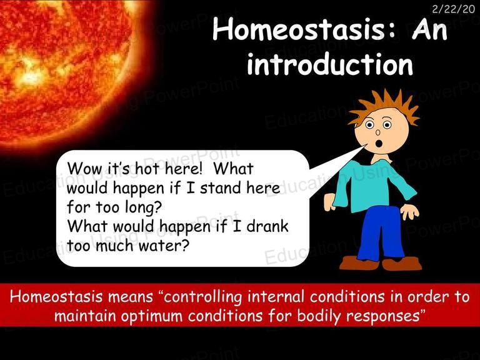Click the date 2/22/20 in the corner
pyautogui.click(x=453, y=9)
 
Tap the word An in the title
pyautogui.click(x=429, y=30)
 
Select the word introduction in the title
pyautogui.click(x=330, y=64)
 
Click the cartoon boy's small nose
pyautogui.click(x=377, y=132)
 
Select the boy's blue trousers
pyautogui.click(x=380, y=233)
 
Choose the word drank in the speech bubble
pyautogui.click(x=267, y=226)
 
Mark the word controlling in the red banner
pyautogui.click(x=202, y=297)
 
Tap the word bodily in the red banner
pyautogui.click(x=319, y=316)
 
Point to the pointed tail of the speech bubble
pyautogui.click(x=364, y=146)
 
